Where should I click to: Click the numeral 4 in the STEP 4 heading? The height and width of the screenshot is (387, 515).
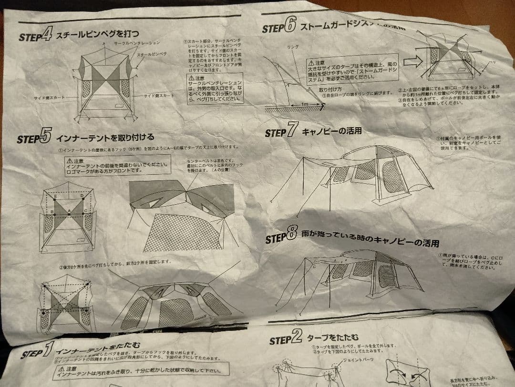[46, 35]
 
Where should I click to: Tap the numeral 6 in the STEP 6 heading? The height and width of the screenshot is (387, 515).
[290, 26]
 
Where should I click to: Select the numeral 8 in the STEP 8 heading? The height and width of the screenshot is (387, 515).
[292, 237]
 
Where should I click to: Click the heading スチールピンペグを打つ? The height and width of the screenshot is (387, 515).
[98, 34]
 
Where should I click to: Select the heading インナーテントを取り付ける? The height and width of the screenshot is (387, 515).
[105, 138]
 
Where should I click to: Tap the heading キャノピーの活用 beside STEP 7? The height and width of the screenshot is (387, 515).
[332, 131]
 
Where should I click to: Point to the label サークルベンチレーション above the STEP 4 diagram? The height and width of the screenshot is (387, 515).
[136, 43]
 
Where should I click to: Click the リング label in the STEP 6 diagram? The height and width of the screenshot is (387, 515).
[293, 48]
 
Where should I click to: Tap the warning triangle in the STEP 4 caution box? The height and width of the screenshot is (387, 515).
[191, 77]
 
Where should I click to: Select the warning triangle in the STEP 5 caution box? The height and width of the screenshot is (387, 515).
[70, 161]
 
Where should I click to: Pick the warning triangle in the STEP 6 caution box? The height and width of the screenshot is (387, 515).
[311, 62]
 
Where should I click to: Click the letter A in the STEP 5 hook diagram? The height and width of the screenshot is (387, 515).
[70, 210]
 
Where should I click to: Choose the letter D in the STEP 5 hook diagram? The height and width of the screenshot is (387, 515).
[82, 196]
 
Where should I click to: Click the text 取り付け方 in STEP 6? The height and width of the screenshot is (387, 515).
[330, 89]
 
